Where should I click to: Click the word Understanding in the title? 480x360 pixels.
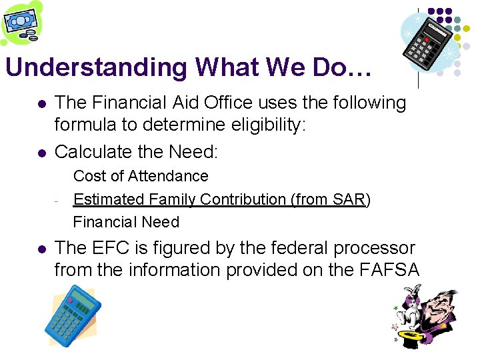click(x=96, y=68)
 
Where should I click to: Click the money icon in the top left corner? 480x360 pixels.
click(x=21, y=23)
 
